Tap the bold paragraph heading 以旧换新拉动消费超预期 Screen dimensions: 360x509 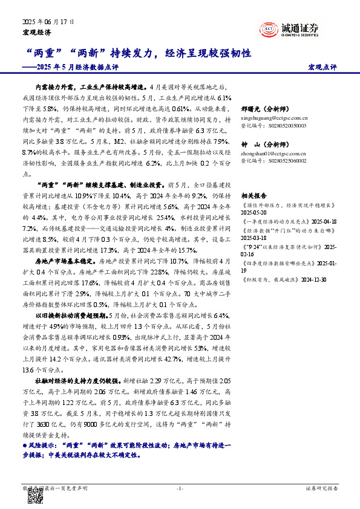tap(70, 315)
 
